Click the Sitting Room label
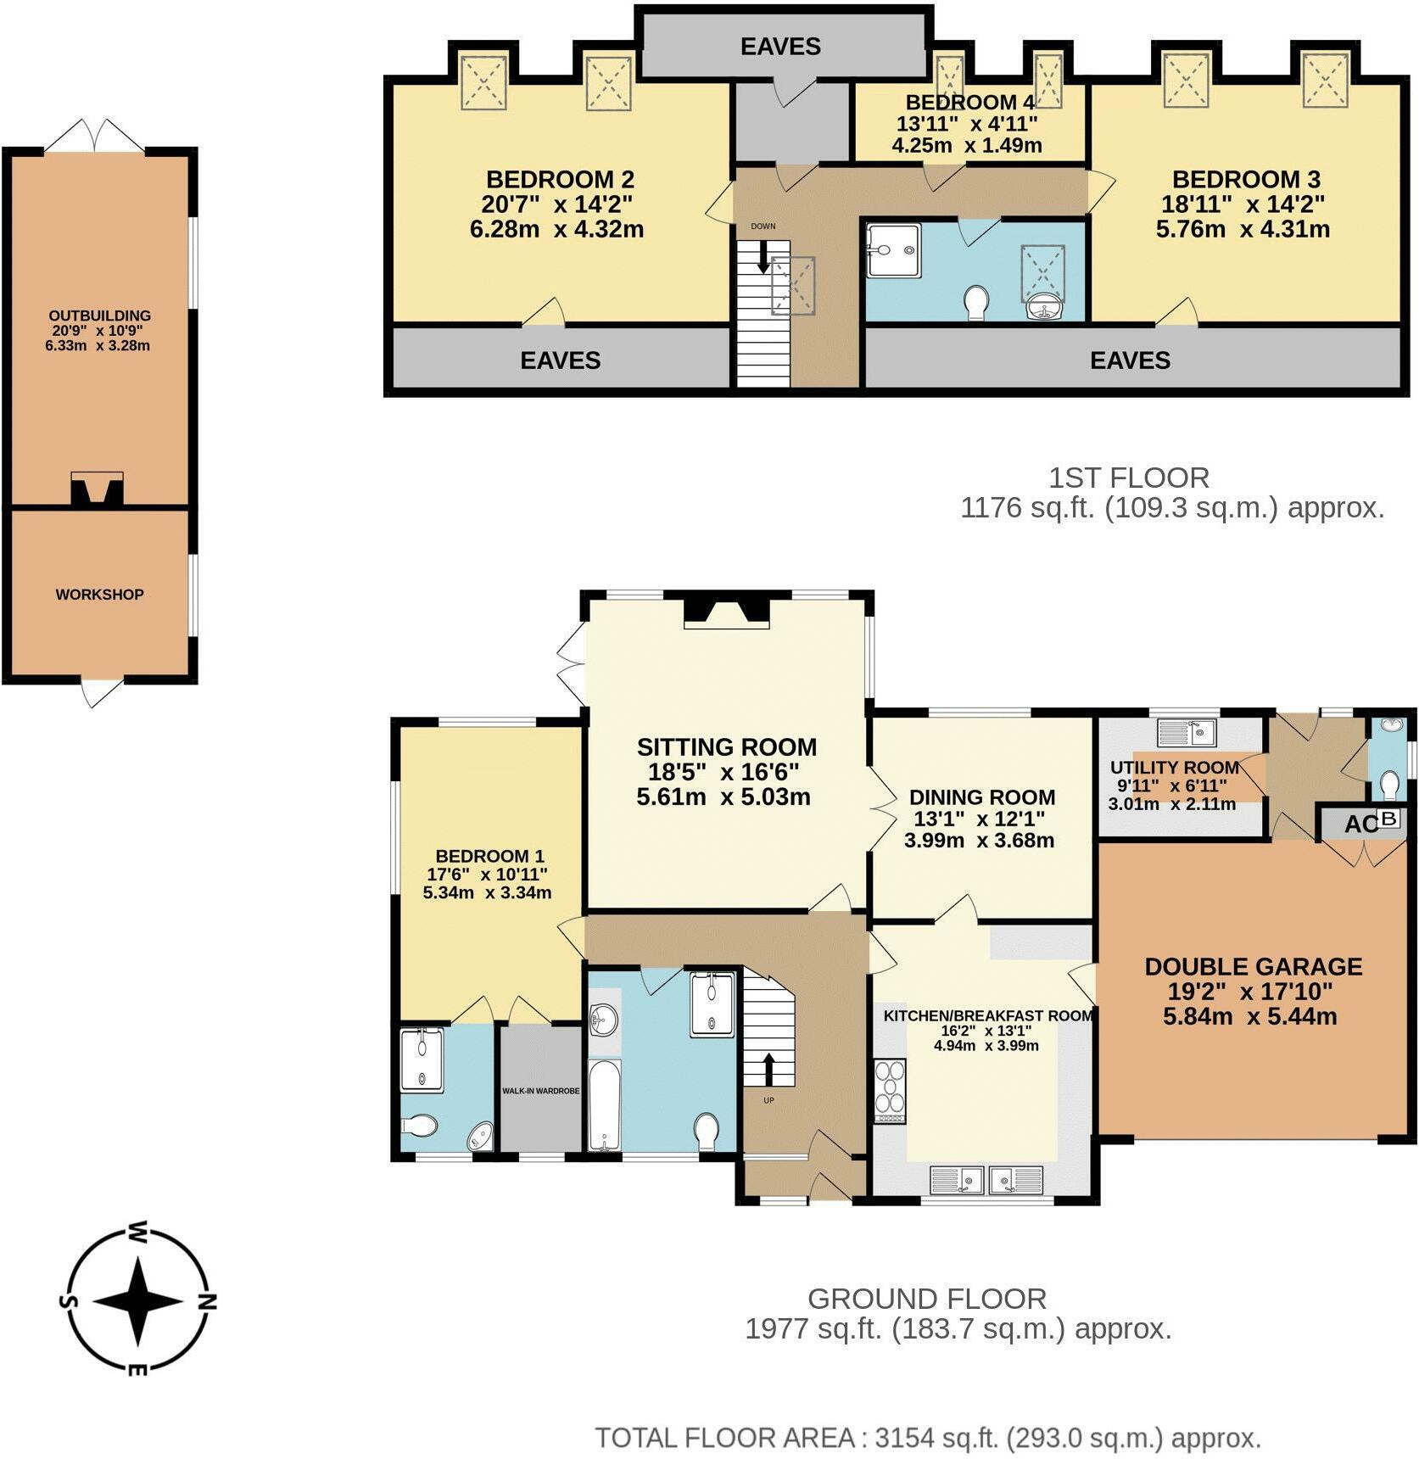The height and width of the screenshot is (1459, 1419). tap(726, 747)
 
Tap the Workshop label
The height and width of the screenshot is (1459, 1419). tap(99, 595)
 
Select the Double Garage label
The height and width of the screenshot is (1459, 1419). tap(1253, 966)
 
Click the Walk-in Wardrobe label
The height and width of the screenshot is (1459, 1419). tap(540, 1091)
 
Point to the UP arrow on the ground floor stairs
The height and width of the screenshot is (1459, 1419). tap(769, 1070)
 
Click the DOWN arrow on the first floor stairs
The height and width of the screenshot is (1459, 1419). tap(763, 257)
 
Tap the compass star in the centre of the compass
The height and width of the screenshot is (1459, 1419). tap(137, 1300)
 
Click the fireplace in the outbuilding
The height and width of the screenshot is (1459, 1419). tap(97, 490)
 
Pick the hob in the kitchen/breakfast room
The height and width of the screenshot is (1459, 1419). tap(890, 1092)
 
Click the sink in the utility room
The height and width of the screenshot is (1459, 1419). tap(1187, 731)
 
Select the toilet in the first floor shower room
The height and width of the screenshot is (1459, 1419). tap(976, 303)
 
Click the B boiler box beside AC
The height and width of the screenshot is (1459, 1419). tap(1388, 819)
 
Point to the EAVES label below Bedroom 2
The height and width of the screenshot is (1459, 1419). tap(560, 361)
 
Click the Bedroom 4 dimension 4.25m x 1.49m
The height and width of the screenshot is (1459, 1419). tap(966, 145)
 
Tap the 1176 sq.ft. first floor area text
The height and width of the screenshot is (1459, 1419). tap(1172, 508)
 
